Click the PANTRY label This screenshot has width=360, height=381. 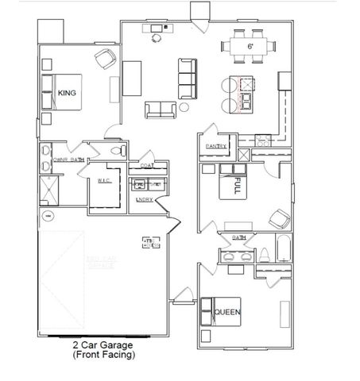click(216, 147)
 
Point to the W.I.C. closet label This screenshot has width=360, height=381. click(104, 181)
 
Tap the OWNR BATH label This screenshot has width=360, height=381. click(68, 160)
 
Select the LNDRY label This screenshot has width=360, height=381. click(145, 199)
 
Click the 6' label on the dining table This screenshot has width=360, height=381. click(249, 48)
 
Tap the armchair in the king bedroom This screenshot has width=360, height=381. click(104, 59)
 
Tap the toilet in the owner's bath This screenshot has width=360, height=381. click(117, 150)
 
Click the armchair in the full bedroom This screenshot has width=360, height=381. click(277, 217)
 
